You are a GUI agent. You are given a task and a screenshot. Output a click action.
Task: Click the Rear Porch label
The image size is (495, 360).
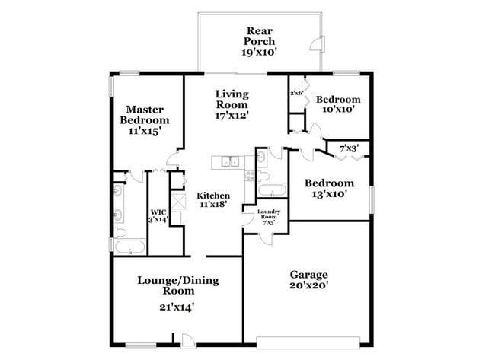(x=259, y=35)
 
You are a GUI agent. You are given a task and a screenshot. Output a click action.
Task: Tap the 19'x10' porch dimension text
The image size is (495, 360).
(x=259, y=53)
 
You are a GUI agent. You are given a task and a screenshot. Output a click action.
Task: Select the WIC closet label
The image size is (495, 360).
(x=158, y=212)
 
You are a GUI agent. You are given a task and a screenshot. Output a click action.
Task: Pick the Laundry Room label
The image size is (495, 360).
(x=269, y=214)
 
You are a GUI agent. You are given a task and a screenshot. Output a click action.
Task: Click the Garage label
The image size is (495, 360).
(x=308, y=274)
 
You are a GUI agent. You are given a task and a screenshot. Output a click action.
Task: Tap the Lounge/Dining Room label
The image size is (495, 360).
(x=166, y=285)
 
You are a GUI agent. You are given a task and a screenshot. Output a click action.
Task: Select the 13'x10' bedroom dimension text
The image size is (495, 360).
(x=329, y=194)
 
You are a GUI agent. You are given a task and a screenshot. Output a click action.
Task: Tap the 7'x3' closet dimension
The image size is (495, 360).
(x=349, y=147)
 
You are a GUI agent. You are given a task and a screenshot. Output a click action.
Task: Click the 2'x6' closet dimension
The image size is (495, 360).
(x=296, y=93)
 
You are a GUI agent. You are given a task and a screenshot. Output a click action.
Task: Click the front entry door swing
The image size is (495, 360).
(x=187, y=338)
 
